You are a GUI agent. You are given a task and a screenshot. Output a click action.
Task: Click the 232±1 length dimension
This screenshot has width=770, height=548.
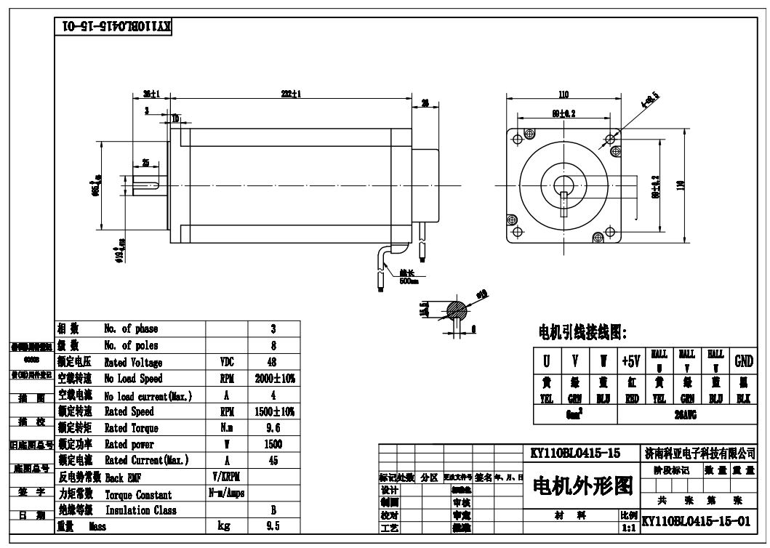point(291,94)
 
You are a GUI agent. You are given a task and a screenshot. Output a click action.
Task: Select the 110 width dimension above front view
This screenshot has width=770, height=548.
point(563,94)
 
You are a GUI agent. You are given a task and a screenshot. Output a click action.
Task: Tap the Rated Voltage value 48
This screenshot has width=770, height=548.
point(272,362)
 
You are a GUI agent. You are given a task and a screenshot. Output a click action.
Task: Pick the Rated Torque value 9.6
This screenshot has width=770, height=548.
point(272,427)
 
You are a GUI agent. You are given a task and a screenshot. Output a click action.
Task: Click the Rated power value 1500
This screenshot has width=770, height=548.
point(272,444)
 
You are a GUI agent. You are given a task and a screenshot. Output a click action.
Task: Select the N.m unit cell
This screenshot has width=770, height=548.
point(226,427)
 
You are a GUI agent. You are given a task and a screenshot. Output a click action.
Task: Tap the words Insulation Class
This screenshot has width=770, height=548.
point(133,511)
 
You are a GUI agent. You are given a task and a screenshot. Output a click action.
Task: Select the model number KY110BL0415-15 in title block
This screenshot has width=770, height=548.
point(576,453)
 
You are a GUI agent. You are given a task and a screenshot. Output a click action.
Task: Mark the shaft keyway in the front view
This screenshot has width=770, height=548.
point(564,206)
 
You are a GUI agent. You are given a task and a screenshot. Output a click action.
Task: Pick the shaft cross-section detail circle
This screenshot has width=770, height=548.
point(455,311)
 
